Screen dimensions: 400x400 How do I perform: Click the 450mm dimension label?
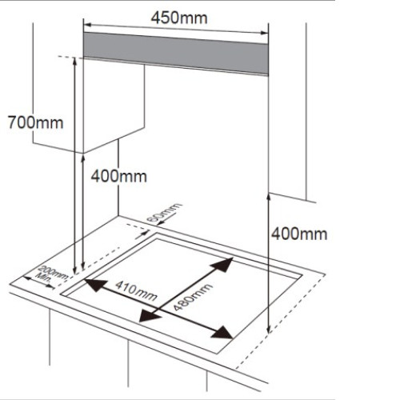point(179,18)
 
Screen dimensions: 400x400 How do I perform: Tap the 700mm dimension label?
point(35,122)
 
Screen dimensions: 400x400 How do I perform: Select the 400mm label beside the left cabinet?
point(119,176)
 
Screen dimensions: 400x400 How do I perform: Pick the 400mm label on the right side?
point(299,234)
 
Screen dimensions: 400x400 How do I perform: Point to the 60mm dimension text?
point(165,212)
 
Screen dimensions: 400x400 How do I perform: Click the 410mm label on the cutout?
point(136,291)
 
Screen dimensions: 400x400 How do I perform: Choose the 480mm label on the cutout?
point(193,298)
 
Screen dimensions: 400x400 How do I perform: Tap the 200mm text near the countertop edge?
point(53,273)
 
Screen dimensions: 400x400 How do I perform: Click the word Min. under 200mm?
point(42,278)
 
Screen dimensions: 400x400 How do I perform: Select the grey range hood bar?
point(176,54)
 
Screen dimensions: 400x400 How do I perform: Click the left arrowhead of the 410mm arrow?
point(95,285)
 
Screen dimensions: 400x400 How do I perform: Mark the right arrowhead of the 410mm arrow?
point(222,333)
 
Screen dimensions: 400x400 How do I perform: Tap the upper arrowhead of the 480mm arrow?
point(222,264)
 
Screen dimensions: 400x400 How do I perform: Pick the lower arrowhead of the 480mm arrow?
point(150,316)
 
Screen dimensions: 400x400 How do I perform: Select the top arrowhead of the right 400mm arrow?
point(269,198)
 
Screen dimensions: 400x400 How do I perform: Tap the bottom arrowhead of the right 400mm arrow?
point(269,329)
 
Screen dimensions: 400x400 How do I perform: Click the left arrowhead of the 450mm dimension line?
point(88,26)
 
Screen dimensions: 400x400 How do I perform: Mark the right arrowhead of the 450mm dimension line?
point(264,33)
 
